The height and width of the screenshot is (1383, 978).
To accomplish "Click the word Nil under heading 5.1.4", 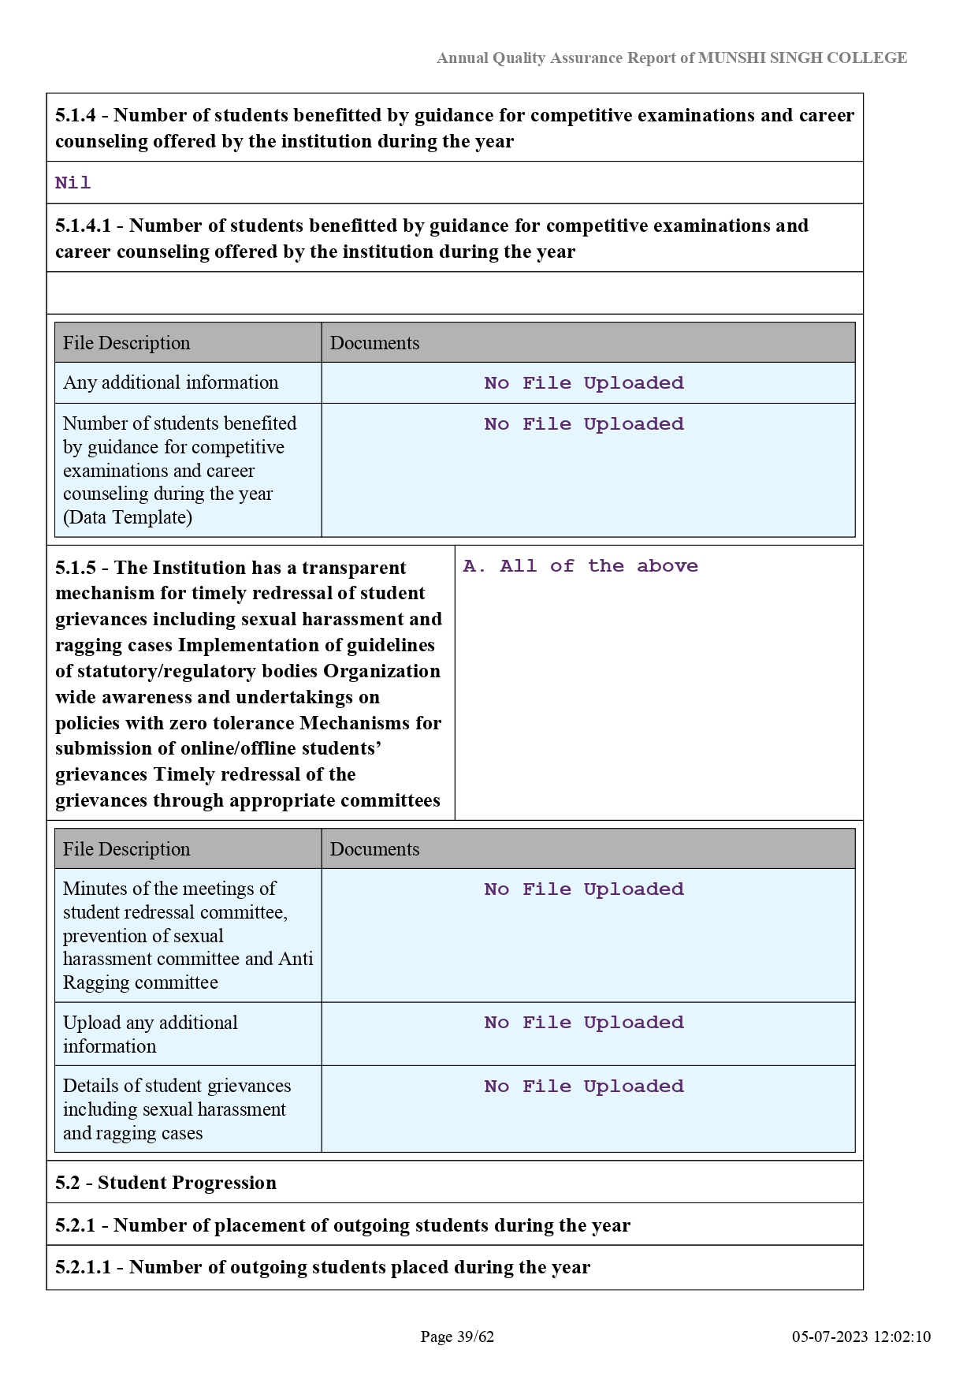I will coord(73,183).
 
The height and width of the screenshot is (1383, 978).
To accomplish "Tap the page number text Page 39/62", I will coord(457,1336).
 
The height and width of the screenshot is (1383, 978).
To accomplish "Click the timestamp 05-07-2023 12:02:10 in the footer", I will coord(861,1336).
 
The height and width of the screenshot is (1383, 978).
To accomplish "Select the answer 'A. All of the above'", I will coord(580,566).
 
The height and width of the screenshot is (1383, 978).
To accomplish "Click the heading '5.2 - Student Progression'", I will coord(165,1183).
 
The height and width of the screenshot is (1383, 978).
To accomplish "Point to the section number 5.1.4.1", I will coord(83,226).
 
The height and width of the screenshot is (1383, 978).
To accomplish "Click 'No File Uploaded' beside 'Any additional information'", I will coord(584,383).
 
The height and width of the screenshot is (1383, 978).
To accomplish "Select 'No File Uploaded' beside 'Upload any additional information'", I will coord(584,1023).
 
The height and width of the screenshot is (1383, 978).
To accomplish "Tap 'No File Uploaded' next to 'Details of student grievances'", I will coord(584,1087).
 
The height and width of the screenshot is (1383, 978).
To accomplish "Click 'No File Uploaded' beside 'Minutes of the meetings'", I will coord(584,889).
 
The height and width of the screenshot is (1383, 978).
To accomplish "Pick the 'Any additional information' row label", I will coord(170,382).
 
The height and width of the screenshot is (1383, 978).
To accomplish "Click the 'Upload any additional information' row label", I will coord(150,1034).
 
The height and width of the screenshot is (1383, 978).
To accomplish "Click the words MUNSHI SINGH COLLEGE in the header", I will coord(802,58).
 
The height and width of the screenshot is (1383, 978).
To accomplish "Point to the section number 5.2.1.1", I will coord(83,1267).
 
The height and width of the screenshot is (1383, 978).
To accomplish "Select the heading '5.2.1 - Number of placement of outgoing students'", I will coord(343,1225).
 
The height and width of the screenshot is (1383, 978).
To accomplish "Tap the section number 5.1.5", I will coord(75,568).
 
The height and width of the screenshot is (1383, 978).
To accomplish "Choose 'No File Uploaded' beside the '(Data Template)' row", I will coord(584,424).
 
